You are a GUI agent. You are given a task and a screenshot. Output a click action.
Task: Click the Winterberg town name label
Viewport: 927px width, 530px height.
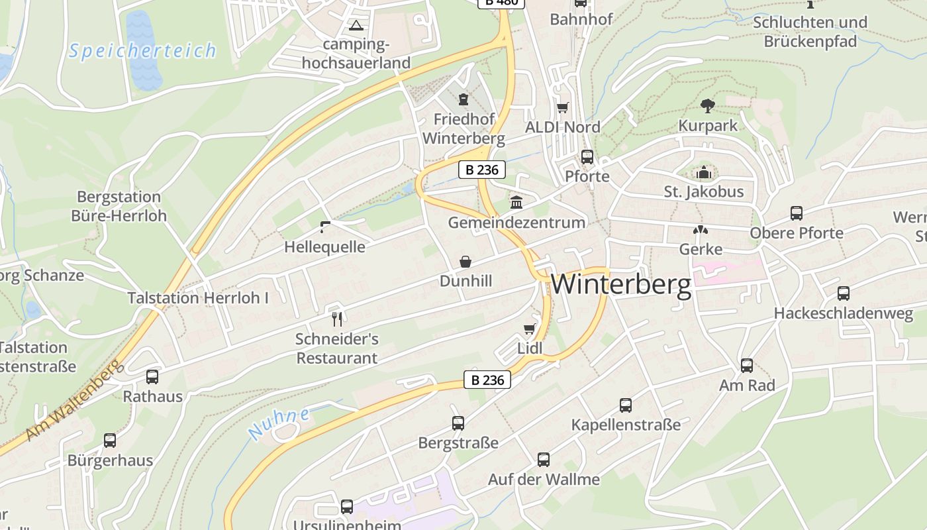coord(621,284)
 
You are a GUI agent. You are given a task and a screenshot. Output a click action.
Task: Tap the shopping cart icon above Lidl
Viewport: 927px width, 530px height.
coord(529,329)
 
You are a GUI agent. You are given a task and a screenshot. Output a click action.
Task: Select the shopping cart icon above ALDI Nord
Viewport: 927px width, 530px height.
coord(562,107)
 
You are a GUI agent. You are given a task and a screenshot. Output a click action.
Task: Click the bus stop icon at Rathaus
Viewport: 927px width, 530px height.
coord(152,377)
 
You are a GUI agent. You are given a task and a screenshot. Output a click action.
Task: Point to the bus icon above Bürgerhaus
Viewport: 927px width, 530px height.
coord(110,441)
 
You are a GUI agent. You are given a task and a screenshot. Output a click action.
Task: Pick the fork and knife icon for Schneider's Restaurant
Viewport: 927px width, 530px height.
coord(337,319)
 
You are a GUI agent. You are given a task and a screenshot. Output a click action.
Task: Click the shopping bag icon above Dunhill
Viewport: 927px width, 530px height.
coord(465,262)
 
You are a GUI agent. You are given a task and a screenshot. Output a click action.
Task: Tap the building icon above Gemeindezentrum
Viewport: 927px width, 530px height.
coord(516,202)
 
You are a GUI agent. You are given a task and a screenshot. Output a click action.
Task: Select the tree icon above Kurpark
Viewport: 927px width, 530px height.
coord(707,105)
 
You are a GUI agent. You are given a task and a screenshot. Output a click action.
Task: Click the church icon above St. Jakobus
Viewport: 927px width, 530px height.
coord(704,173)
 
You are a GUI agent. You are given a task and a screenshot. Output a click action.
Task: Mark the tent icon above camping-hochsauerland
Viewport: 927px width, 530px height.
coord(356,26)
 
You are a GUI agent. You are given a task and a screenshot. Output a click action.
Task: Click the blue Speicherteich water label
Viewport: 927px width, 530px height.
coord(142,51)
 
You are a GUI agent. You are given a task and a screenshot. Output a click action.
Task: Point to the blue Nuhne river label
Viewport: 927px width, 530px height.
coord(279,424)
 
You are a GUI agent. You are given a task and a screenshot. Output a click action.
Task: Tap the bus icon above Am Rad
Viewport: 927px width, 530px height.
coord(747,366)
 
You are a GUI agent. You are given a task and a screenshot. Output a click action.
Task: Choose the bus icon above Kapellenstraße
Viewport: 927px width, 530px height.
coord(626,405)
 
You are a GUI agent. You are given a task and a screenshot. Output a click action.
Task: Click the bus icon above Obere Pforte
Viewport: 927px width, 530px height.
coord(797,213)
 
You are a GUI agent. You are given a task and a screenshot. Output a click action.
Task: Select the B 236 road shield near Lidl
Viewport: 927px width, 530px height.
coord(487,380)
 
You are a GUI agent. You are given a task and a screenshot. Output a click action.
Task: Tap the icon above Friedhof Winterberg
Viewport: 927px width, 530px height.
coord(463,99)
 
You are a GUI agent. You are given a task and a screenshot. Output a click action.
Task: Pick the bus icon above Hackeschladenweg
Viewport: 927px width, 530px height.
coord(844,293)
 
